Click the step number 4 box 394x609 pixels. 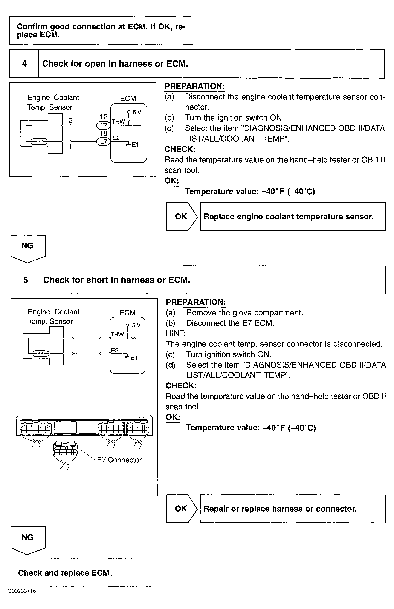point(24,64)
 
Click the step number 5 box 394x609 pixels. point(26,280)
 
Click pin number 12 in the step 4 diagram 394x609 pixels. point(104,117)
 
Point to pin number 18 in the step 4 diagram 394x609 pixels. point(103,133)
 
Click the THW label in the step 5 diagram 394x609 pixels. point(117,334)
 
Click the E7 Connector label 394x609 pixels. point(119,460)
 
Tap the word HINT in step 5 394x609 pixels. point(176,333)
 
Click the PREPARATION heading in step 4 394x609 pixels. point(194,86)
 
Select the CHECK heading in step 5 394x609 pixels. point(181,386)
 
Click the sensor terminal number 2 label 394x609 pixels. point(70,120)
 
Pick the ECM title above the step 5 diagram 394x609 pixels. point(127,312)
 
